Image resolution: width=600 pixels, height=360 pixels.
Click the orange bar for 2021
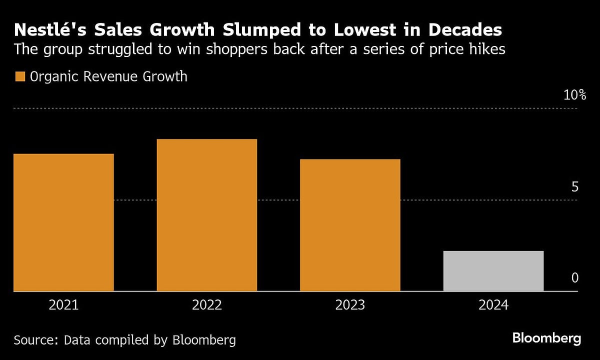63,222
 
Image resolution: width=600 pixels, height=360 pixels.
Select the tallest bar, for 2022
206,215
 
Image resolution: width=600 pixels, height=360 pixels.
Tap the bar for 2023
350,225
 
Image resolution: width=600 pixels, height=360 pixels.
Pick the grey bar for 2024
493,271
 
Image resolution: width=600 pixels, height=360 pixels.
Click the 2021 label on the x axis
63,305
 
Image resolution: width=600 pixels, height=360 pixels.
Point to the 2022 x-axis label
206,305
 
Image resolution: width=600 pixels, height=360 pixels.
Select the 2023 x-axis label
350,305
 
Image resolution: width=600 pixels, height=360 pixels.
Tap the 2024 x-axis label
493,305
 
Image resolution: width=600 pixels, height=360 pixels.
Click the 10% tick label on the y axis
574,95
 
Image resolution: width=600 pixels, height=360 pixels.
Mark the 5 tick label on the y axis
575,187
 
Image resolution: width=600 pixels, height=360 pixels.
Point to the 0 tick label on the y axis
575,278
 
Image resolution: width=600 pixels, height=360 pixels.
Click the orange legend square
20,76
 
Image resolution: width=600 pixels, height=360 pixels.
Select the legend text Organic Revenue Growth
108,76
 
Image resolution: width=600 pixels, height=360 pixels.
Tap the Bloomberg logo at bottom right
546,338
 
